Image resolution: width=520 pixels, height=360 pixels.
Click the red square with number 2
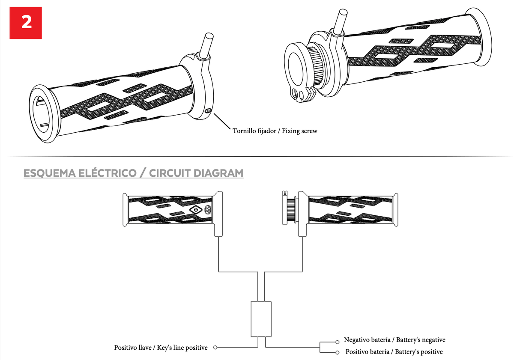click(x=26, y=23)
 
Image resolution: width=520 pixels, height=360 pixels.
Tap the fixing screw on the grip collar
click(x=208, y=111)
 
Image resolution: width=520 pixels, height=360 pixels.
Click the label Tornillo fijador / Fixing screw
click(x=275, y=131)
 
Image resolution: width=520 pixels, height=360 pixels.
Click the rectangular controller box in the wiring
click(x=261, y=319)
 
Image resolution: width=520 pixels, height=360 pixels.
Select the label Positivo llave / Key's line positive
click(x=161, y=348)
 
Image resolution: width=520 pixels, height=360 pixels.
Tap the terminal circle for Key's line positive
click(x=215, y=348)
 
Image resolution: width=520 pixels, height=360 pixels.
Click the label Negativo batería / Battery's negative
click(x=394, y=340)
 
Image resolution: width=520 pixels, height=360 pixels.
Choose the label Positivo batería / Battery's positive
click(x=394, y=352)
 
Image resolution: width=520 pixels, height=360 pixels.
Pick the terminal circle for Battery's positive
click(x=337, y=353)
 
